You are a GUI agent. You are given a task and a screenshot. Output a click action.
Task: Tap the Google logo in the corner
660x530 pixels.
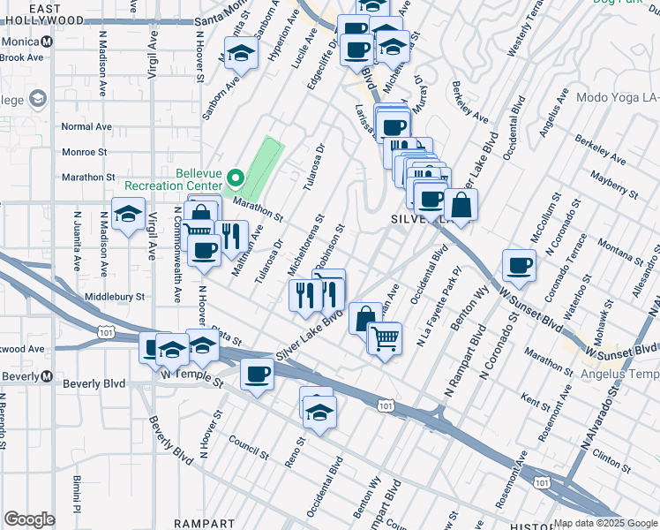[x=29, y=519]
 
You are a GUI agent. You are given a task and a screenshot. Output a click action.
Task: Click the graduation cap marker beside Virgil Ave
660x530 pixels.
[x=129, y=215]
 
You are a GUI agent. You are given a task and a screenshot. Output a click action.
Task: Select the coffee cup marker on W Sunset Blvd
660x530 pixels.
[x=519, y=265]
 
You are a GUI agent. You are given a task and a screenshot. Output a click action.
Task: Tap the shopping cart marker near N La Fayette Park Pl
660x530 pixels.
[x=385, y=337]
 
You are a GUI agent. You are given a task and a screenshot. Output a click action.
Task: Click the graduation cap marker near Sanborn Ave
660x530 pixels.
[x=237, y=56]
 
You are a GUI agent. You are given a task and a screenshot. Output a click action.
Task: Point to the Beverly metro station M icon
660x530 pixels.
[x=46, y=375]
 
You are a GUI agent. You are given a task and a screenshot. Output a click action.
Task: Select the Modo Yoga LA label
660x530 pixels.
[x=617, y=97]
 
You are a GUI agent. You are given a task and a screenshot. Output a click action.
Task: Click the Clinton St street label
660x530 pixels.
[x=609, y=458]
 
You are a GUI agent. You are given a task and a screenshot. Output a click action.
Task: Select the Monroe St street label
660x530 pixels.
[x=84, y=152]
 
